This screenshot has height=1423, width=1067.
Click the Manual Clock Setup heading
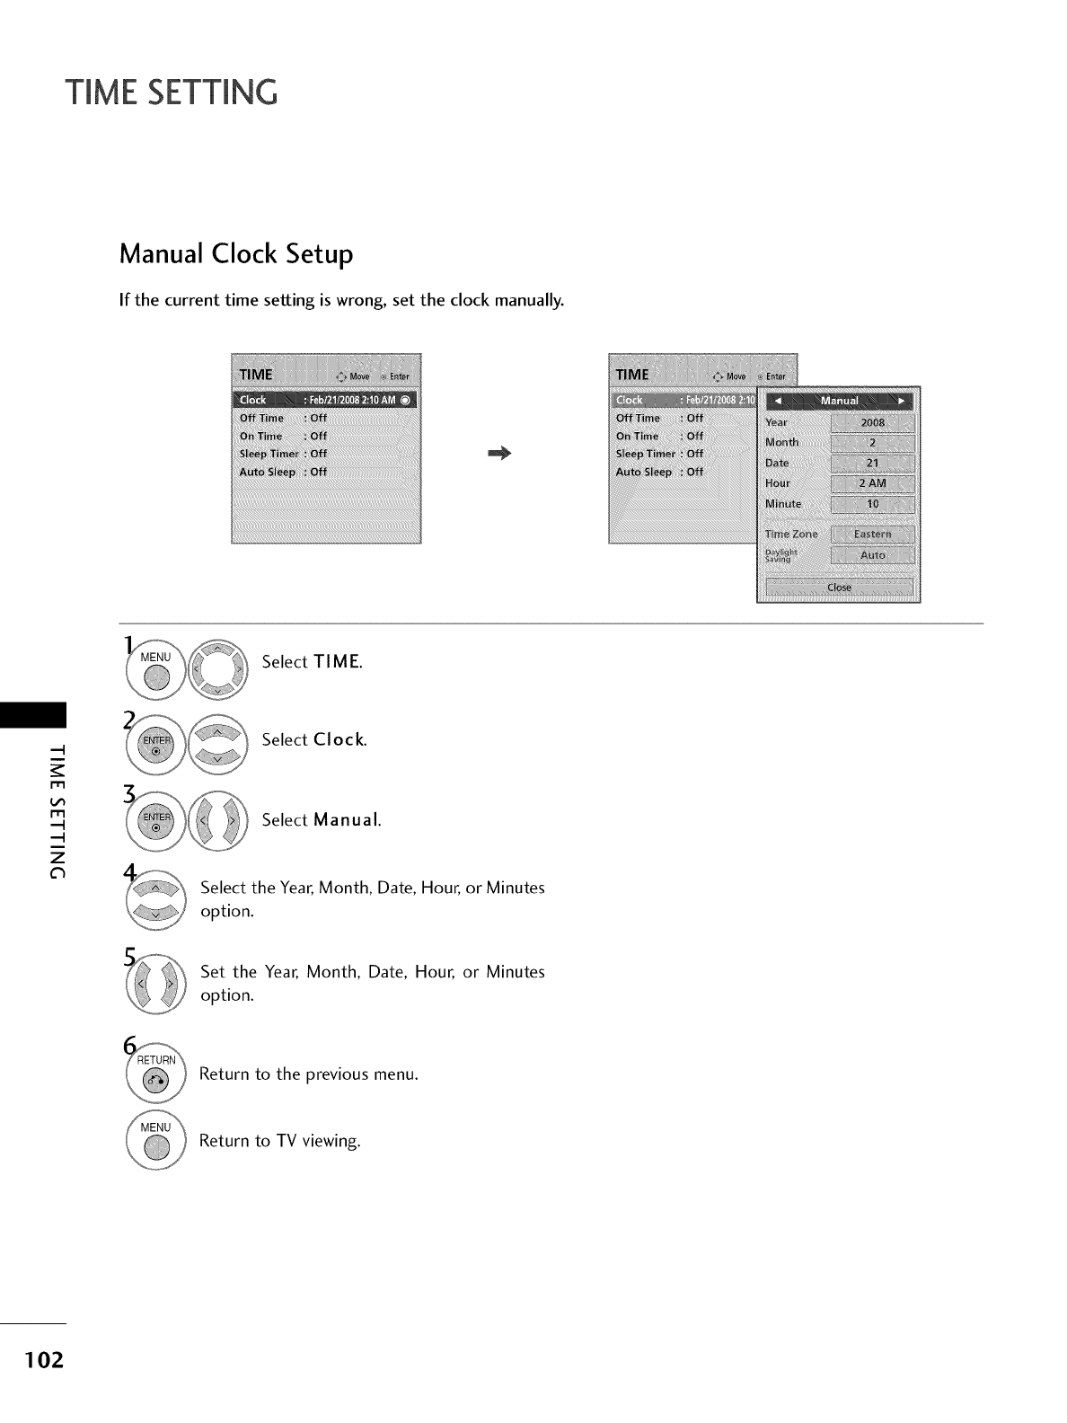click(x=236, y=254)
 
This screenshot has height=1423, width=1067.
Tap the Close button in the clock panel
click(x=839, y=588)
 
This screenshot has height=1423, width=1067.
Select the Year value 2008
click(x=872, y=422)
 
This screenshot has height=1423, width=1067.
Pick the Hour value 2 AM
click(x=872, y=483)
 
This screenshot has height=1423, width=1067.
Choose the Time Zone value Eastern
click(x=872, y=534)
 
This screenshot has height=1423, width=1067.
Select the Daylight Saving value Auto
click(x=872, y=555)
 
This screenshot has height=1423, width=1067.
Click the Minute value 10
click(x=872, y=504)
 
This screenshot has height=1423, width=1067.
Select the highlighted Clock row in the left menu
click(x=325, y=400)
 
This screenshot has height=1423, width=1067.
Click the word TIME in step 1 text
click(x=338, y=662)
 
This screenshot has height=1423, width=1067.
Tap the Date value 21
click(x=872, y=464)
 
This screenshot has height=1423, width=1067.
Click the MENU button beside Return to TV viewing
click(x=156, y=1142)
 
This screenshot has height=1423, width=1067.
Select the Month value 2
click(x=872, y=443)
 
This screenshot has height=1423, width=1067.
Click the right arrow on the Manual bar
click(x=901, y=401)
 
